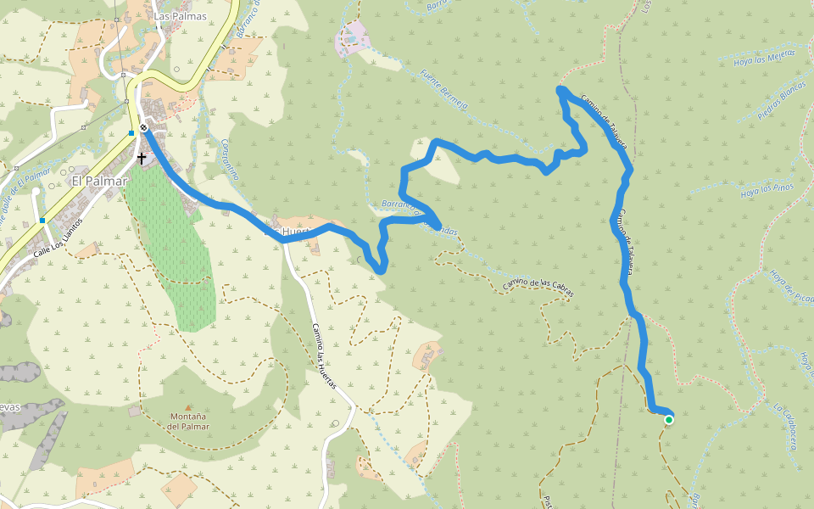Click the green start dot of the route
click(x=669, y=419)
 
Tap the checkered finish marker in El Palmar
click(x=144, y=128)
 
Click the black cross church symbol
click(x=141, y=158)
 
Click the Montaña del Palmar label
click(x=188, y=421)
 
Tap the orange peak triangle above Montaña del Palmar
click(x=188, y=407)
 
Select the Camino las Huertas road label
click(x=323, y=356)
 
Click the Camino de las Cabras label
click(x=538, y=288)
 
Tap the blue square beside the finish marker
click(x=131, y=133)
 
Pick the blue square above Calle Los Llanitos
click(x=42, y=221)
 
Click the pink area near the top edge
click(x=353, y=38)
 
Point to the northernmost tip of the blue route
click(x=560, y=89)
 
